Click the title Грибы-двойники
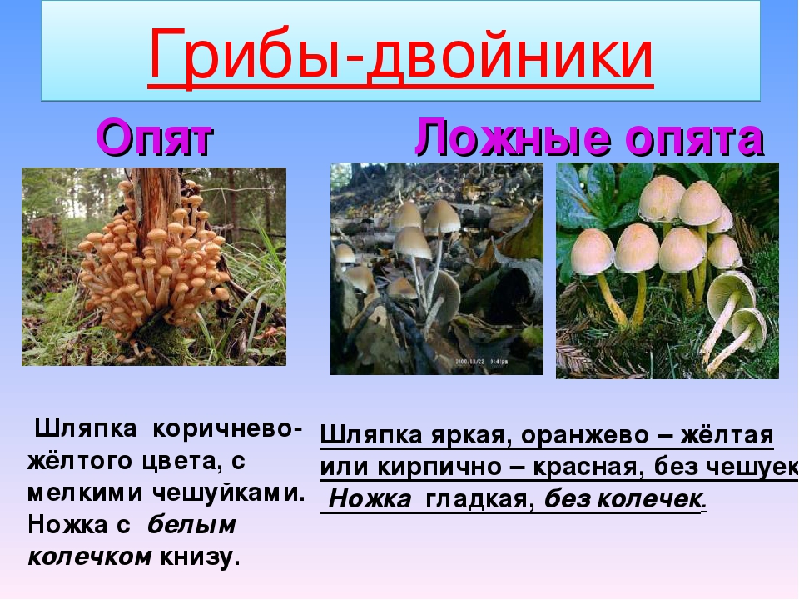(x=400, y=55)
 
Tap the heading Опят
(x=155, y=137)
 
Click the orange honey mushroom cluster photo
(x=154, y=267)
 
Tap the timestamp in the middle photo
(x=481, y=362)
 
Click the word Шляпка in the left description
(x=85, y=428)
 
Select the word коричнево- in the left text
(x=227, y=428)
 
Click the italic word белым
(x=191, y=525)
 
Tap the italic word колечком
(x=90, y=557)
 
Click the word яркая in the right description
(x=469, y=435)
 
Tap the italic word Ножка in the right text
(x=370, y=499)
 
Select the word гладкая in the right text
(x=479, y=499)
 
